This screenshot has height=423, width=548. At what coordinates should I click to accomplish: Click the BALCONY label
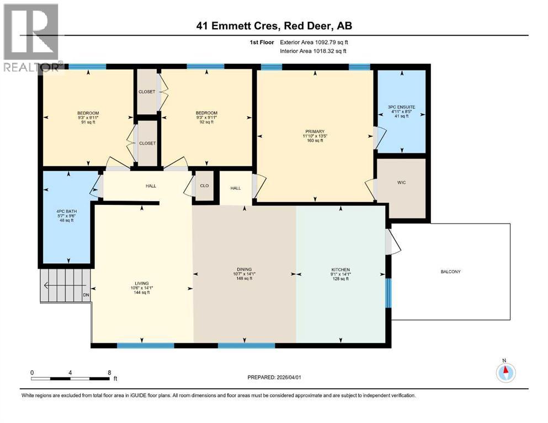[x=450, y=272]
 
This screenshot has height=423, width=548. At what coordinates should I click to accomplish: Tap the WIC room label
[x=401, y=182]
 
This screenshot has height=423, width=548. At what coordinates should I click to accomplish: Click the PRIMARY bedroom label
[x=315, y=131]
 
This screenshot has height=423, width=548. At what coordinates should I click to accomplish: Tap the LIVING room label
[x=142, y=283]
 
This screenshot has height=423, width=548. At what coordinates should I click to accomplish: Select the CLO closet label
[x=204, y=186]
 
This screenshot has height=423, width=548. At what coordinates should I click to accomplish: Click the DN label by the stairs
[x=86, y=295]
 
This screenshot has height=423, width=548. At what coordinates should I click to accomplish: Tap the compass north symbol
[x=504, y=372]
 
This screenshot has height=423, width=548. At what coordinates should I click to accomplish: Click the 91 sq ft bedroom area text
[x=88, y=123]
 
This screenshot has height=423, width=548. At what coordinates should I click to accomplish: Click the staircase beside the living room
[x=64, y=285]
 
